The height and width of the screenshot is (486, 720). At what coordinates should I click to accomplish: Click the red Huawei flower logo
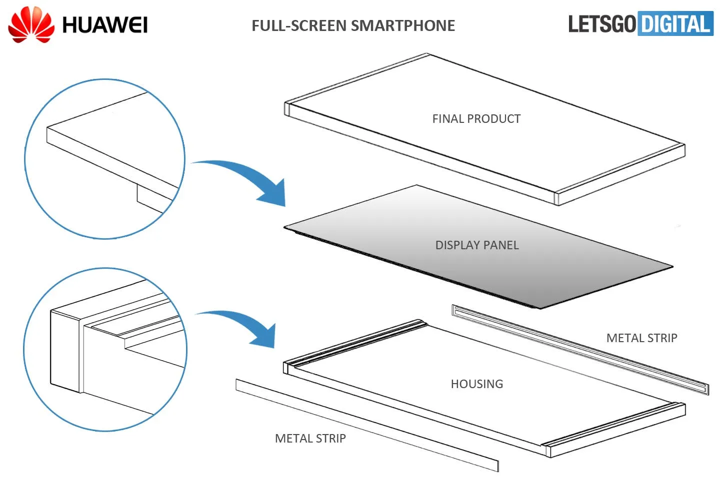[31, 25]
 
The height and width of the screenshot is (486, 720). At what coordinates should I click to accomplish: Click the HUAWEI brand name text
[104, 25]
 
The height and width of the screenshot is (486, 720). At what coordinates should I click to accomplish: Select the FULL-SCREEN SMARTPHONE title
[353, 25]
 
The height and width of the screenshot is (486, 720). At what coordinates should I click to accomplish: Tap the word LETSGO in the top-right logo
[601, 24]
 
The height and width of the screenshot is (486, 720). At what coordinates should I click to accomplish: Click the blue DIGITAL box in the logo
[675, 24]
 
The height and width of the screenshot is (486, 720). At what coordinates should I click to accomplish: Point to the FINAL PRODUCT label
[476, 119]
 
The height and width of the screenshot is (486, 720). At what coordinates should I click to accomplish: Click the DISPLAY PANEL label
[476, 245]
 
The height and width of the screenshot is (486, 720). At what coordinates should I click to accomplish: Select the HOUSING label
[476, 384]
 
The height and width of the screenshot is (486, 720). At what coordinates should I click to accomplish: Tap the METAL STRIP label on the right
[641, 338]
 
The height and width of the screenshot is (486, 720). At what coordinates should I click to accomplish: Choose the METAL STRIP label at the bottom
[310, 439]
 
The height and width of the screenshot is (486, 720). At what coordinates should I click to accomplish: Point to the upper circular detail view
[105, 159]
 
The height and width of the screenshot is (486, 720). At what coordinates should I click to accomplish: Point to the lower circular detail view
[105, 350]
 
